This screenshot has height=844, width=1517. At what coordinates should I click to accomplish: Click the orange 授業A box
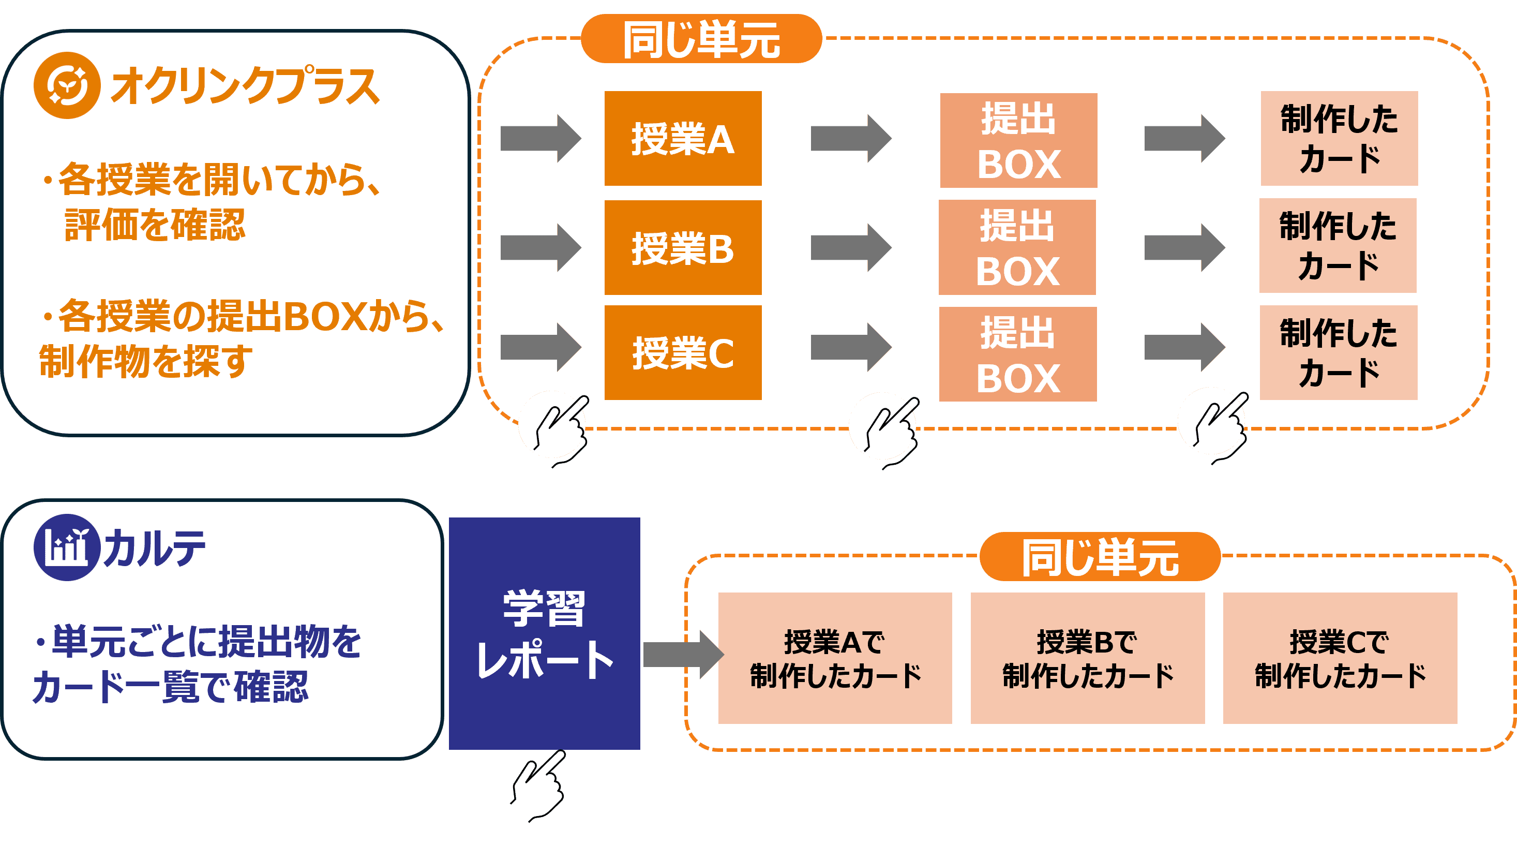click(683, 139)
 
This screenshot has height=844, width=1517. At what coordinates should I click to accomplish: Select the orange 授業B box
click(683, 247)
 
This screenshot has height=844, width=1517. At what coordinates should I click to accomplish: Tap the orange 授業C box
click(683, 352)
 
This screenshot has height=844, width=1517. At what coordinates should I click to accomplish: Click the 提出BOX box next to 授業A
click(1018, 140)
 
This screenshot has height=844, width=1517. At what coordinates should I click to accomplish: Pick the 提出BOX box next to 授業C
click(1017, 354)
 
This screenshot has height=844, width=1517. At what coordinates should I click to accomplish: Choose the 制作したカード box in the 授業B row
click(1338, 246)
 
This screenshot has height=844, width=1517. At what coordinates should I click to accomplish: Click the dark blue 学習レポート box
click(544, 633)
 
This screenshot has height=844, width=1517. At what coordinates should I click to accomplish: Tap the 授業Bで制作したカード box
click(1087, 658)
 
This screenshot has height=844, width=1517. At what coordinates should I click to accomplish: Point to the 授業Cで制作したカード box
click(1340, 658)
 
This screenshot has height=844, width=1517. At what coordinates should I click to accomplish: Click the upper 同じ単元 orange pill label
click(701, 39)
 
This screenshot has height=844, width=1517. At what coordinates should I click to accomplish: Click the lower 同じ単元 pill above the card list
click(1100, 556)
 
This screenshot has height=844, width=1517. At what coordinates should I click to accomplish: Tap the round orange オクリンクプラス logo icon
click(67, 85)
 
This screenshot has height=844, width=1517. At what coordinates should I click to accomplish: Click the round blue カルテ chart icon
click(66, 547)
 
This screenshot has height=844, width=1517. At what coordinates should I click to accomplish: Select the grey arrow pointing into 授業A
click(540, 139)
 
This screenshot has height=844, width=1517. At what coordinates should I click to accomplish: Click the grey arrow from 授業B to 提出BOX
click(850, 247)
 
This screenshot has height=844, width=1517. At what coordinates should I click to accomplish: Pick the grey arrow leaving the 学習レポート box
click(682, 654)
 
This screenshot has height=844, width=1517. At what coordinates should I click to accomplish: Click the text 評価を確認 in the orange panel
click(154, 225)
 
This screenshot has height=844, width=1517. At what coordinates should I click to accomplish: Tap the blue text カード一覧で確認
click(170, 687)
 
